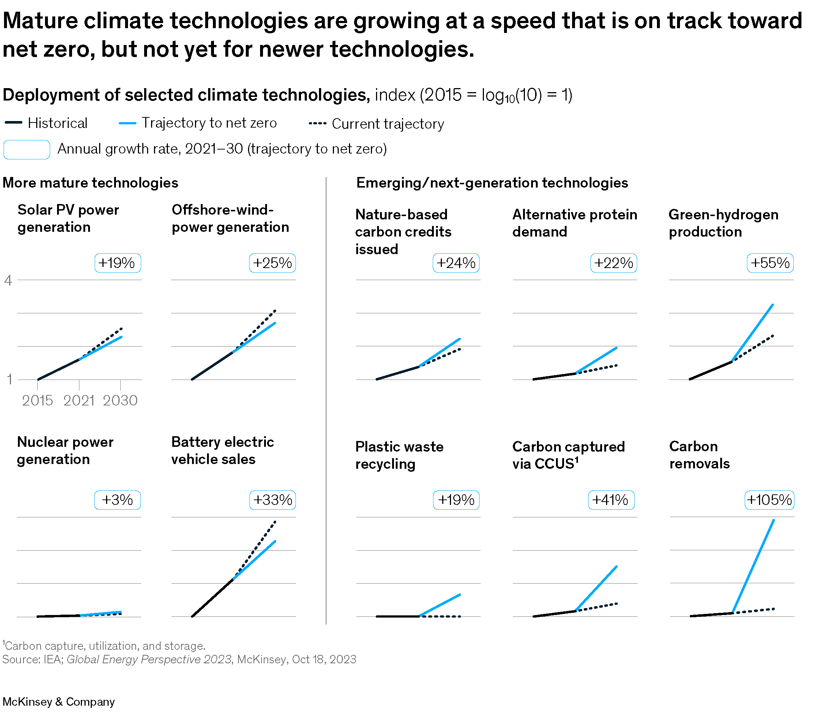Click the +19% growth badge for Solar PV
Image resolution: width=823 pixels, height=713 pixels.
coord(117,263)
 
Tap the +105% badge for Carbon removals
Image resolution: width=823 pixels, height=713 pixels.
coord(769,500)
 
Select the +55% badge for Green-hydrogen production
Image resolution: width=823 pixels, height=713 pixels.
coord(770,263)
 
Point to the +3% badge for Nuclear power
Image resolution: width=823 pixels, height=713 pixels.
coord(117,500)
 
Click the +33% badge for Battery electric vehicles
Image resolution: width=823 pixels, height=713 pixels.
coord(273,500)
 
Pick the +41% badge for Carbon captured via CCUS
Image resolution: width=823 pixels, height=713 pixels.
coord(611,500)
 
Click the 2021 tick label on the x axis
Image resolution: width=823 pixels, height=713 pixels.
coord(79,400)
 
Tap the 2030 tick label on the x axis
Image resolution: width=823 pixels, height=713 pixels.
coord(120,400)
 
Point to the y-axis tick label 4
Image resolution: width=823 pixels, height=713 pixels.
coord(8,281)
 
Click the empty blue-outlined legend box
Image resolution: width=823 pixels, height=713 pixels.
coord(27,150)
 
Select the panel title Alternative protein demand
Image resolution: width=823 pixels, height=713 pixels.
coord(574,223)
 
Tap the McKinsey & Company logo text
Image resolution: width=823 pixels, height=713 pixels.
coord(59,701)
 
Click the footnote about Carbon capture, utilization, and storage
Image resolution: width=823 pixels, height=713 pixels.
coord(104,646)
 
